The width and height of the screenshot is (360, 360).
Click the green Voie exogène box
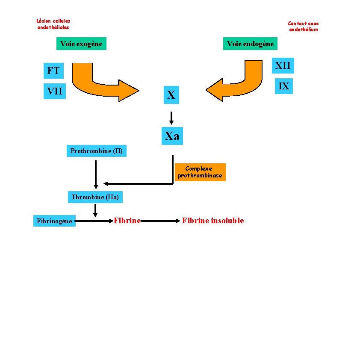81,44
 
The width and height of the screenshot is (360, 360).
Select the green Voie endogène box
250,44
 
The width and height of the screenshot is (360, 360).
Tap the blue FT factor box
53,71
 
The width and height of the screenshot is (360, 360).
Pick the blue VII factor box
55,91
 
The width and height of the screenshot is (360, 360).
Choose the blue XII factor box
283,66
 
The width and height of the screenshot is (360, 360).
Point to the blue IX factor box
283,86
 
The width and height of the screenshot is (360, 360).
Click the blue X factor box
171,95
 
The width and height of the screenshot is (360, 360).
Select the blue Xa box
172,136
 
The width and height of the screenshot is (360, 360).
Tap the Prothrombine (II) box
96,151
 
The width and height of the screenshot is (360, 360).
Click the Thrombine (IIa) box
95,197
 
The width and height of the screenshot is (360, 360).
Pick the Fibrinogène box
54,221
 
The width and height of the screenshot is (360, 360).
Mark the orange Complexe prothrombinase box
200,172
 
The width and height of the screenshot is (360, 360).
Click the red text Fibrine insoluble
212,221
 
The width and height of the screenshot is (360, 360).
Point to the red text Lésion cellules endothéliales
53,24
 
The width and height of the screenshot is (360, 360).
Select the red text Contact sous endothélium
303,27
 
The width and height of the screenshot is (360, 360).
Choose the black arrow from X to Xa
171,117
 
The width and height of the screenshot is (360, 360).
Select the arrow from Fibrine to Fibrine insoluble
160,221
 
